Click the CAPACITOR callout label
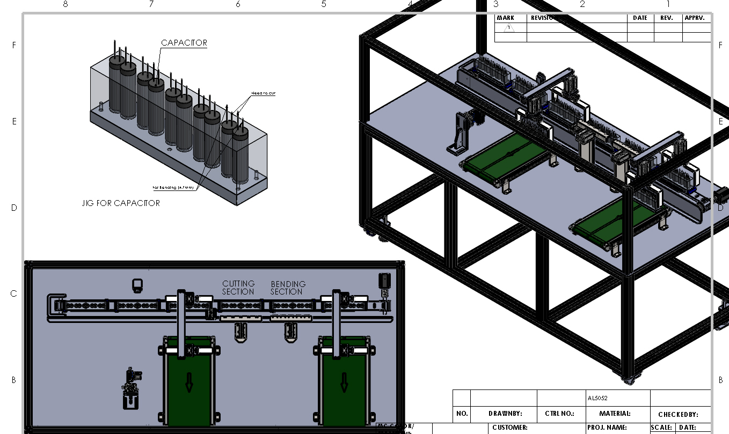[184, 43]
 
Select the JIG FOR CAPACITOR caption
[121, 203]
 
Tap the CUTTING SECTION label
[238, 288]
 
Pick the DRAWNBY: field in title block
[505, 414]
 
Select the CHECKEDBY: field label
[678, 415]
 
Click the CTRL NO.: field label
[560, 414]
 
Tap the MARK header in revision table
[505, 18]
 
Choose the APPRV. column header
[696, 18]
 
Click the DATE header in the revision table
[640, 18]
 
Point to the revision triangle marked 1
[508, 28]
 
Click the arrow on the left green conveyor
[189, 382]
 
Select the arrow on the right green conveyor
[344, 382]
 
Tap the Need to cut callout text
[263, 93]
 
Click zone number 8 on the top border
[65, 4]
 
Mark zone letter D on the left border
[14, 208]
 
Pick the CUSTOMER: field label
[510, 428]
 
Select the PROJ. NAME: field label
[607, 428]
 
